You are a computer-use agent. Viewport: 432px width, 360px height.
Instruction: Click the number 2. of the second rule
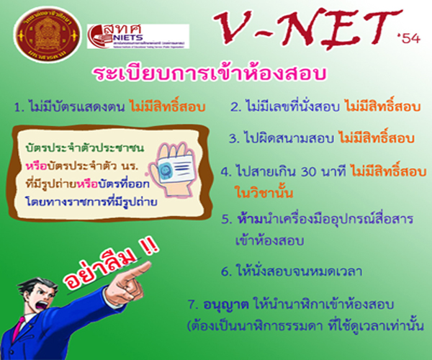(x=235, y=108)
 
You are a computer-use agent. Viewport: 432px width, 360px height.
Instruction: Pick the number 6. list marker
(x=226, y=271)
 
